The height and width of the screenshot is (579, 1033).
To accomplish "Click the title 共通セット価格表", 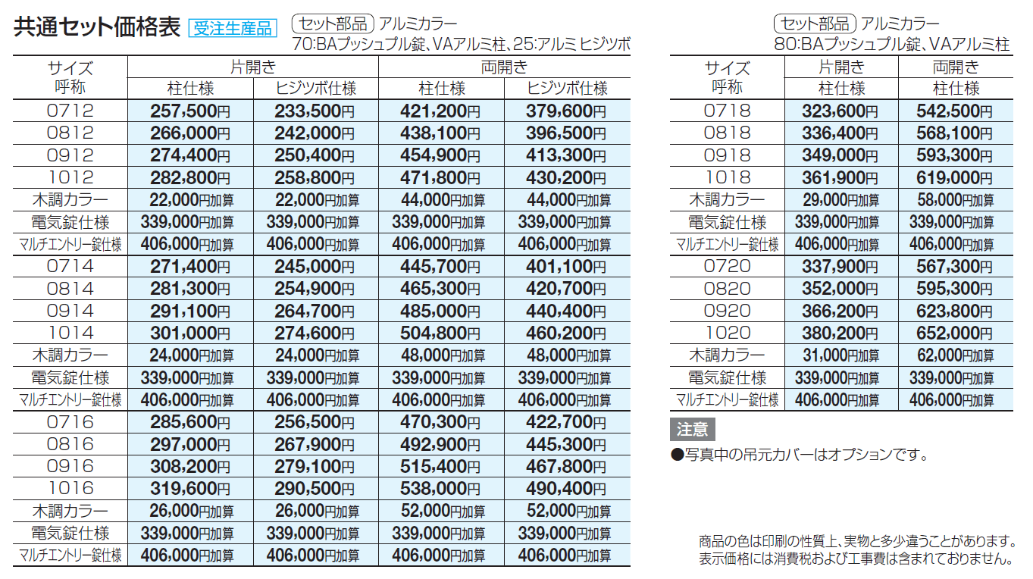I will coord(97,27).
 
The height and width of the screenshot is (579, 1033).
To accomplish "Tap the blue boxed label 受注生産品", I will coord(233,29).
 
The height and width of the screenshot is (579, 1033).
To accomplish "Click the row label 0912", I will coord(70,155).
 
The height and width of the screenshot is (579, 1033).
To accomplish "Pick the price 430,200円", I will coord(566,178).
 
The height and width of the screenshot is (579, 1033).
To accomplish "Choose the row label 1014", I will coord(70,333).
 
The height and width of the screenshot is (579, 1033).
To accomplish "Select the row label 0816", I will coord(70,444).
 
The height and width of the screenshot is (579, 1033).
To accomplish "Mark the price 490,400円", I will coord(566,489).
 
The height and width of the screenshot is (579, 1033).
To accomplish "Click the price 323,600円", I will coord(840,111).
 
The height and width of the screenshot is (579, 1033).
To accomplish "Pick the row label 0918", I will coord(727,155).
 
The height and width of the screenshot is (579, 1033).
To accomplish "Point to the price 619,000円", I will coord(954,178).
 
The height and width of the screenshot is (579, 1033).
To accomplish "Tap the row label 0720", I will coord(727,266).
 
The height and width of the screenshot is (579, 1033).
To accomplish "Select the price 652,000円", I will coord(954,333).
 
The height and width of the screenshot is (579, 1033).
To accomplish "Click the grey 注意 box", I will coord(692,429).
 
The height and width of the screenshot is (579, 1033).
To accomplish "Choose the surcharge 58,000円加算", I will coord(954,200).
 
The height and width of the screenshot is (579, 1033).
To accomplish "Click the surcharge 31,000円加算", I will coord(840,355).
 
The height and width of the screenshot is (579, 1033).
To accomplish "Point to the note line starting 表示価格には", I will coord(856,559).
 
